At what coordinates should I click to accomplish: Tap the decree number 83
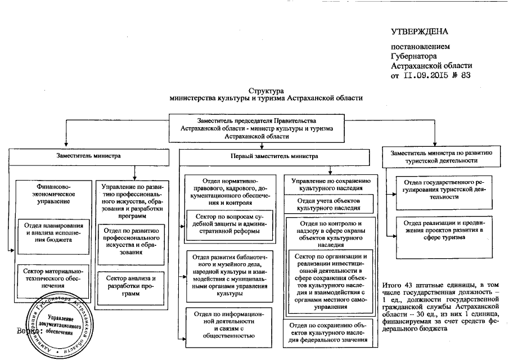tap(465, 74)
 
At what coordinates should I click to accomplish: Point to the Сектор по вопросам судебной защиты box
tap(231, 224)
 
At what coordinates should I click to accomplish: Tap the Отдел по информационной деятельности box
tap(231, 325)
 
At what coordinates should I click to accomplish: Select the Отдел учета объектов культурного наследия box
tap(328, 204)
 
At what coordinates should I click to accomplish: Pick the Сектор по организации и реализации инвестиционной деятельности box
tap(328, 282)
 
